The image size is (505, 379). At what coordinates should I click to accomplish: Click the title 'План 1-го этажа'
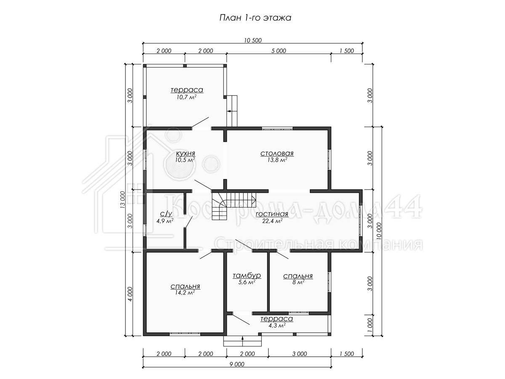coord(255,18)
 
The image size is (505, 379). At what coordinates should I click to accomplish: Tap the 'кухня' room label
coord(186,153)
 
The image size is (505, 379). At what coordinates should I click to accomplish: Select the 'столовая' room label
coord(277,153)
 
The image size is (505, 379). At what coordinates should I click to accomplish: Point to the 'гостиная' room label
coord(272,214)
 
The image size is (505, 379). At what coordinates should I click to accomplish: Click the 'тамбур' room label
coord(247,275)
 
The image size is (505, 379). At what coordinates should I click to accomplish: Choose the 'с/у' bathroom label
coord(166,214)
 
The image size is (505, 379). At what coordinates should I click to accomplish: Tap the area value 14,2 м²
coord(185,293)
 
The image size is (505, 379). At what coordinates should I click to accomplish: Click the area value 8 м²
coord(298,282)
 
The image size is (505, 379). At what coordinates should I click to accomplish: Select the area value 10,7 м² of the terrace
coord(186,97)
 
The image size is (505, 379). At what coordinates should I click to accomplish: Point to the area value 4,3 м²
coord(277,326)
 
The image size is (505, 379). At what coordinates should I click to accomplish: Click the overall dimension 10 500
coord(253,40)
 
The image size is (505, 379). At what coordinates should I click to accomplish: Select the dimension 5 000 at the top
coord(279,51)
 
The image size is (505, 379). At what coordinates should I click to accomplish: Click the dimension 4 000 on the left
coord(130,294)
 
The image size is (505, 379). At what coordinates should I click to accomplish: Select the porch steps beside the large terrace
coord(232,111)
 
